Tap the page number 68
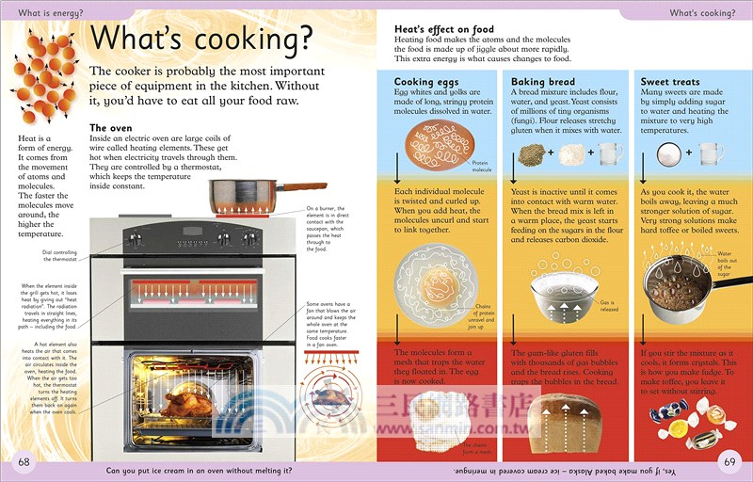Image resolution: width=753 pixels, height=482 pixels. [x=24, y=462]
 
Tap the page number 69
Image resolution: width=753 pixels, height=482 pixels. [x=729, y=462]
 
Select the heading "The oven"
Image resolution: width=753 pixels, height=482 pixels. [x=111, y=128]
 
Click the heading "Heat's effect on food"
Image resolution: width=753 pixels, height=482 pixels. [x=443, y=29]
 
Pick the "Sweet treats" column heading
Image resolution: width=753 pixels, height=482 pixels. [x=670, y=82]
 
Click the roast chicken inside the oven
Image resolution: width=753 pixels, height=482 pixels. [x=189, y=405]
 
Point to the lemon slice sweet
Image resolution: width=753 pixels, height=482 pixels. [x=678, y=429]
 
